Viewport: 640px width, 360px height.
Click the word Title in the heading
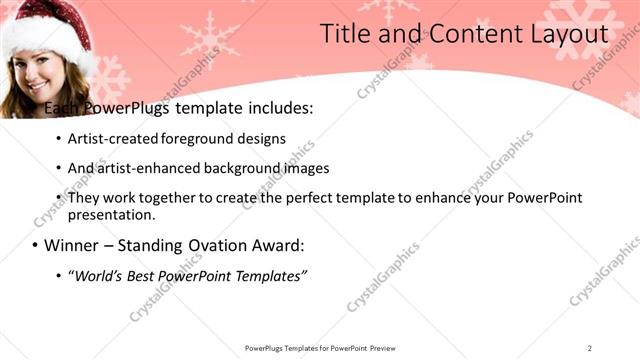point(344,34)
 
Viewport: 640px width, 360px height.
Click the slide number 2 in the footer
point(590,348)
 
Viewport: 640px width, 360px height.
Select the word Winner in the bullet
point(75,245)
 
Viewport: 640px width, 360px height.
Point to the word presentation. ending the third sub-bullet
point(112,214)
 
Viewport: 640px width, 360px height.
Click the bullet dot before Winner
point(35,245)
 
